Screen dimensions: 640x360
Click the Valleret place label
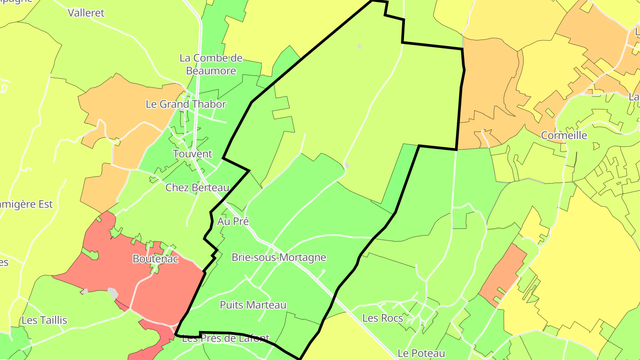click(86, 13)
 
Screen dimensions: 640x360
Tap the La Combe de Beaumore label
click(211, 64)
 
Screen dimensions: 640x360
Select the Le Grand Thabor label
click(186, 104)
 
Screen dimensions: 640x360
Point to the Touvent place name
click(192, 154)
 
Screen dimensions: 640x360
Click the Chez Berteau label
click(197, 188)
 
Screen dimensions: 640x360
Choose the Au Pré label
click(233, 221)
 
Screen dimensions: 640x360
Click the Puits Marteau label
click(253, 305)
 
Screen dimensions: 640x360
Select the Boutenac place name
click(155, 259)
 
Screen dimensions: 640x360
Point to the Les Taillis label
click(44, 320)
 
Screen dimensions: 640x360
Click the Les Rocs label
click(383, 318)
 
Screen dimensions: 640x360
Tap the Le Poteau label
click(421, 353)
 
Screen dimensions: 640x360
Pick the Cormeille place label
click(564, 136)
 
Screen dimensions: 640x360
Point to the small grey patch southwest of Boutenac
click(113, 293)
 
